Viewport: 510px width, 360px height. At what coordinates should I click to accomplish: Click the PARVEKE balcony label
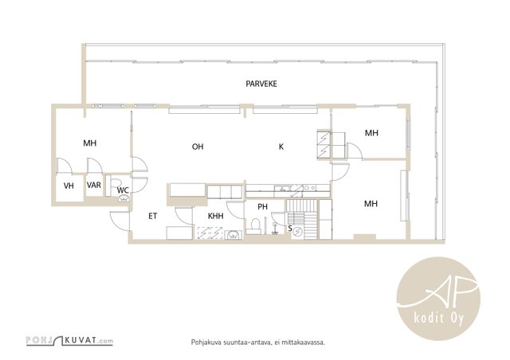(261, 84)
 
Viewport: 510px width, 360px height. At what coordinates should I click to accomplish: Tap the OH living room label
(198, 147)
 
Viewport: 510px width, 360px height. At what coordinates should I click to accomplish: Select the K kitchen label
(281, 147)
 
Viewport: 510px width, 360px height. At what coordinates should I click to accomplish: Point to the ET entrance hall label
(152, 216)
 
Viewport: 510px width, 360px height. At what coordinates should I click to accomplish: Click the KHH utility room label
(216, 216)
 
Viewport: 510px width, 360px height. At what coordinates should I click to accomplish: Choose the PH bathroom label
(262, 206)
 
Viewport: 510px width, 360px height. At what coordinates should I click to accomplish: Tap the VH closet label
(69, 186)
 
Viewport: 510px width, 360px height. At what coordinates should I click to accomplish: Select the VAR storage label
(94, 185)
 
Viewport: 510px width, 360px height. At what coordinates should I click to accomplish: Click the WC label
(123, 190)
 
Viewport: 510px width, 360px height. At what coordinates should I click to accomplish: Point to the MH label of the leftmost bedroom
(90, 143)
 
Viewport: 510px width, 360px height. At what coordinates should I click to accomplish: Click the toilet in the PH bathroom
(256, 225)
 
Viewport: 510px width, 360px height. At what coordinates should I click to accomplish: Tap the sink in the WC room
(124, 198)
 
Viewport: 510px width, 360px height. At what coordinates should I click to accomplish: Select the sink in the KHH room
(233, 234)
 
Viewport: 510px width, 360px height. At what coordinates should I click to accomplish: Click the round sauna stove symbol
(297, 233)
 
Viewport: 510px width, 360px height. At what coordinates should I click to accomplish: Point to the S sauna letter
(290, 229)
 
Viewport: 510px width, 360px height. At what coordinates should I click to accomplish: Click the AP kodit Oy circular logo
(439, 298)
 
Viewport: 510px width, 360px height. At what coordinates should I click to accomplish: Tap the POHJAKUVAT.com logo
(69, 341)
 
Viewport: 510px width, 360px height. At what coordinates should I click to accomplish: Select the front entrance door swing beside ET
(120, 221)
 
